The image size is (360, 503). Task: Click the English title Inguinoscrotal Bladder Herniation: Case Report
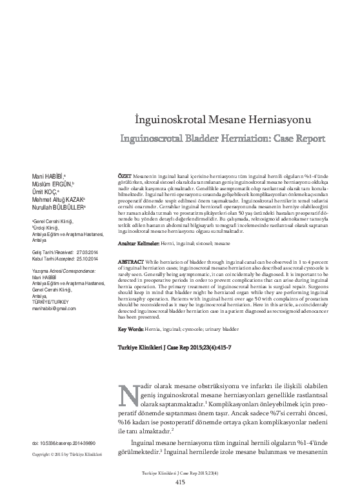pyautogui.click(x=223, y=138)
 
